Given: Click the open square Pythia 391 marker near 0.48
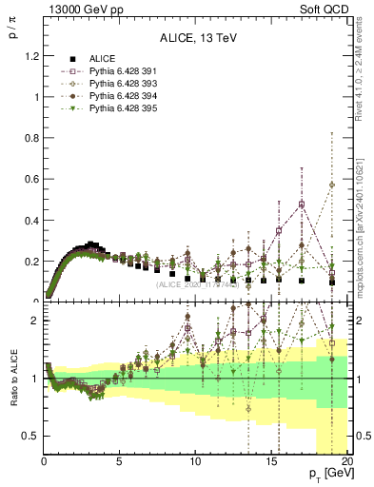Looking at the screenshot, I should [301, 204].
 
